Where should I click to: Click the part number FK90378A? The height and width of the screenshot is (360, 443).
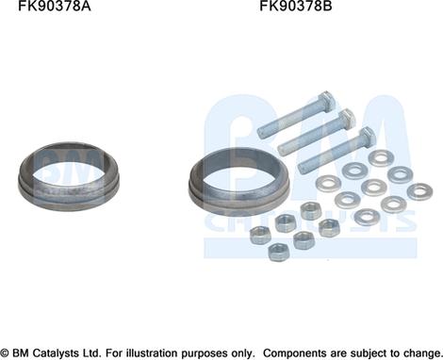click(x=54, y=6)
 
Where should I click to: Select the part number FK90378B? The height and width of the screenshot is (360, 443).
click(x=295, y=6)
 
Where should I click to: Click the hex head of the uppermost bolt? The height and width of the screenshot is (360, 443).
click(x=327, y=101)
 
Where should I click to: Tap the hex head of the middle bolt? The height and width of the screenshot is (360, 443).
click(x=347, y=119)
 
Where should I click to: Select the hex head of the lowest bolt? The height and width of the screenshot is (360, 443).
click(x=367, y=137)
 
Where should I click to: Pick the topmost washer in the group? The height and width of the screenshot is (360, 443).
click(x=382, y=158)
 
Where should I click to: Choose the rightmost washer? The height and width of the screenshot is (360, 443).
click(x=419, y=191)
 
